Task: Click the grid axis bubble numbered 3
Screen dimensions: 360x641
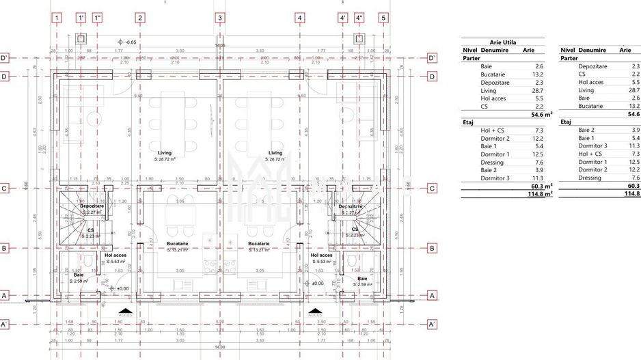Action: click(219, 18)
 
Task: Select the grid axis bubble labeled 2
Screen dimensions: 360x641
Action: click(139, 18)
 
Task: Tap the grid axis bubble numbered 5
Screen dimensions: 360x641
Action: click(383, 18)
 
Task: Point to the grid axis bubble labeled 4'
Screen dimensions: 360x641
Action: click(343, 18)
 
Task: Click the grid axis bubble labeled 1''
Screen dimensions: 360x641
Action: click(97, 18)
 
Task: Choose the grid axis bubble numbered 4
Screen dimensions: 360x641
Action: click(299, 18)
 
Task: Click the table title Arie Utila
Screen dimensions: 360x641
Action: click(502, 42)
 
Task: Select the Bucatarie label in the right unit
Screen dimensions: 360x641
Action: click(262, 243)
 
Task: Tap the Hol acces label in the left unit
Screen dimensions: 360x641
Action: click(114, 255)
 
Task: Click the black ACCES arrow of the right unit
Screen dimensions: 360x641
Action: click(315, 311)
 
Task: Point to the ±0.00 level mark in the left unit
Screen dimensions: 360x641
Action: click(122, 289)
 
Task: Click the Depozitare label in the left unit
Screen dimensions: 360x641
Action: click(92, 206)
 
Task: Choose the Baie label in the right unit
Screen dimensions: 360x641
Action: click(362, 278)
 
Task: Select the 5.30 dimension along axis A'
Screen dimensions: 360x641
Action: click(219, 321)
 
